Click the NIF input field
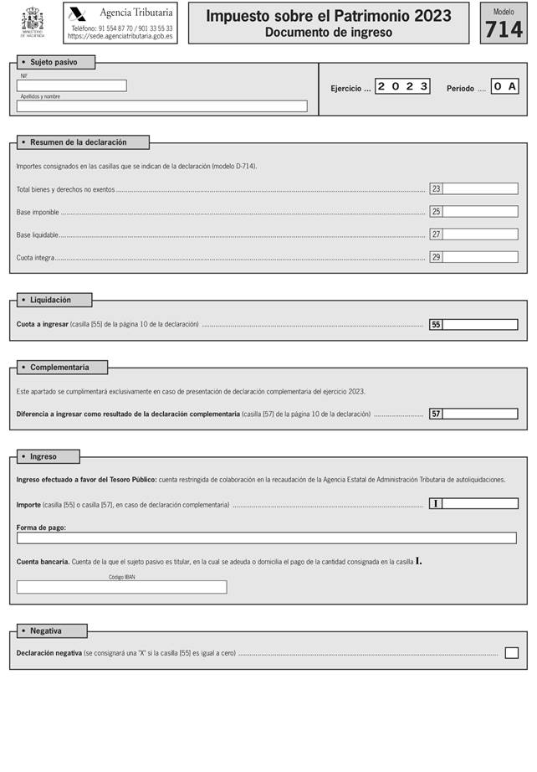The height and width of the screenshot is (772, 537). point(72,85)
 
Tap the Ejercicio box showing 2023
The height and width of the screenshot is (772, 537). point(402,86)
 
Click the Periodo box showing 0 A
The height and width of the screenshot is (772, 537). point(504,86)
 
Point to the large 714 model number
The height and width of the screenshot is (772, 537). point(504,29)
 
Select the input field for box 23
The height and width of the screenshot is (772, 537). point(480,189)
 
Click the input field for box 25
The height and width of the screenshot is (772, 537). point(480,212)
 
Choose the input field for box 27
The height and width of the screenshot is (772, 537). point(480,234)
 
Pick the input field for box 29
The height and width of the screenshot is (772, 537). point(480,257)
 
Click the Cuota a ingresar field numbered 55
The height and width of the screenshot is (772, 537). point(480,325)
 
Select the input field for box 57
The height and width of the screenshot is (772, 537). point(480,414)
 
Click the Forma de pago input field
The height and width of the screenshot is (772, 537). point(267,538)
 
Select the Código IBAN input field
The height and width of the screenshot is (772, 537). point(122,587)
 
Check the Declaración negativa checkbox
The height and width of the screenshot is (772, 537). point(512,653)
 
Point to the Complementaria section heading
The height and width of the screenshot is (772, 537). point(59,368)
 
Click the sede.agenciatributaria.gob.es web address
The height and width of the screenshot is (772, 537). point(120,37)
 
